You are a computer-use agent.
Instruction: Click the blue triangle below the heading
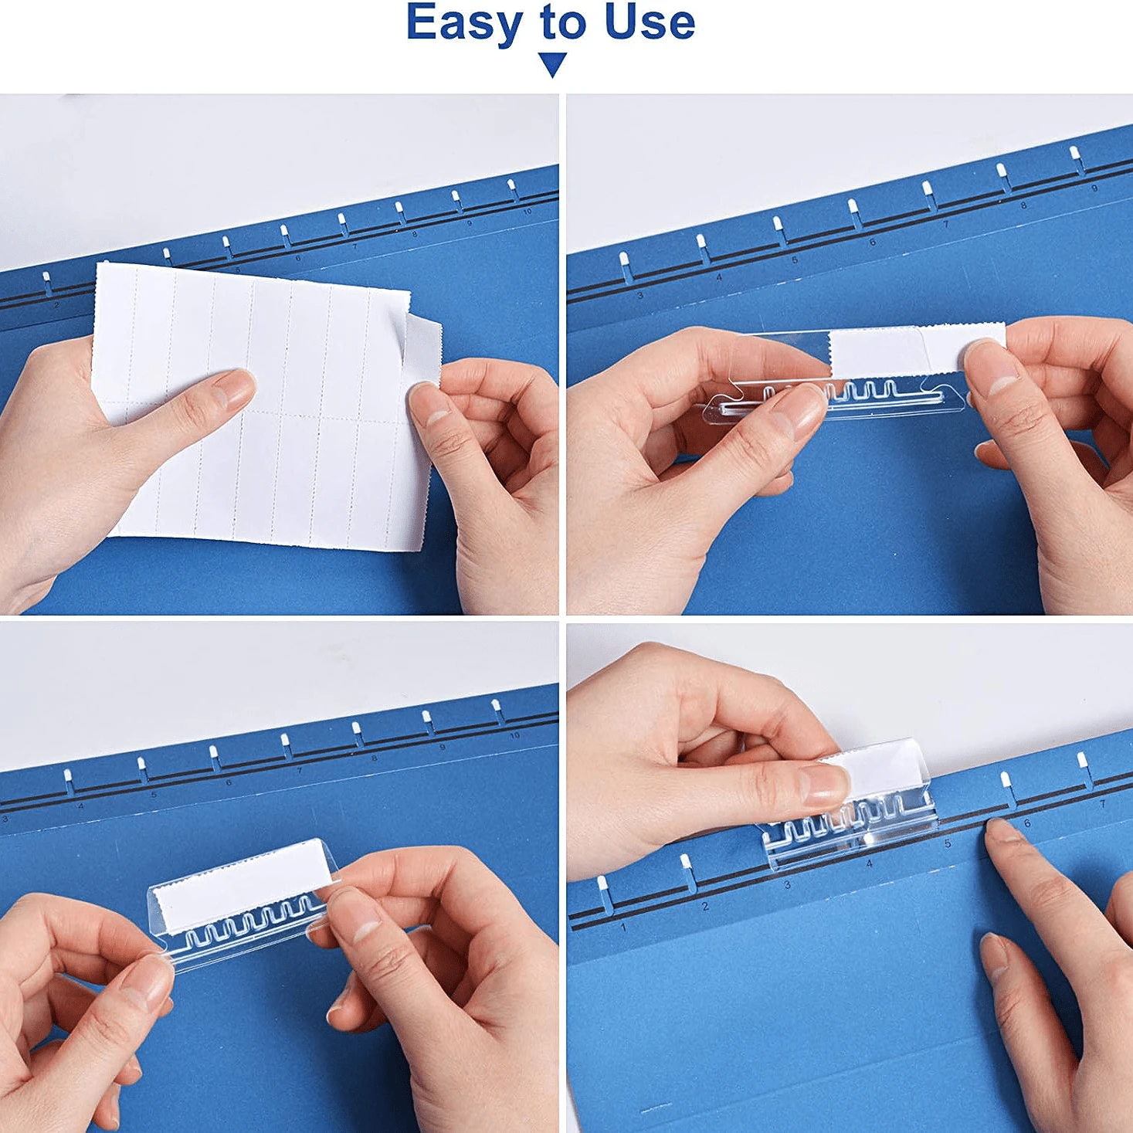553,64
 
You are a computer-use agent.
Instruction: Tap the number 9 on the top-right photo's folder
1094,188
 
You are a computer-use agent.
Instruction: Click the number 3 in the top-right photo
640,296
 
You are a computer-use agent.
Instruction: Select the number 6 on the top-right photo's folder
872,243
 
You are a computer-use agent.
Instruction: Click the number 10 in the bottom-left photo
514,735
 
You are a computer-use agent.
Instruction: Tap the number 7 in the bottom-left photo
299,771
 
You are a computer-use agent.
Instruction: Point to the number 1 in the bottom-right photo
624,927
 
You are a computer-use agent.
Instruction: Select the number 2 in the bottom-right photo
705,906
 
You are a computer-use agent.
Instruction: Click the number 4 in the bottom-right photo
869,863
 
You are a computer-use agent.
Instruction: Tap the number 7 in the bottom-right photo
1102,804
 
